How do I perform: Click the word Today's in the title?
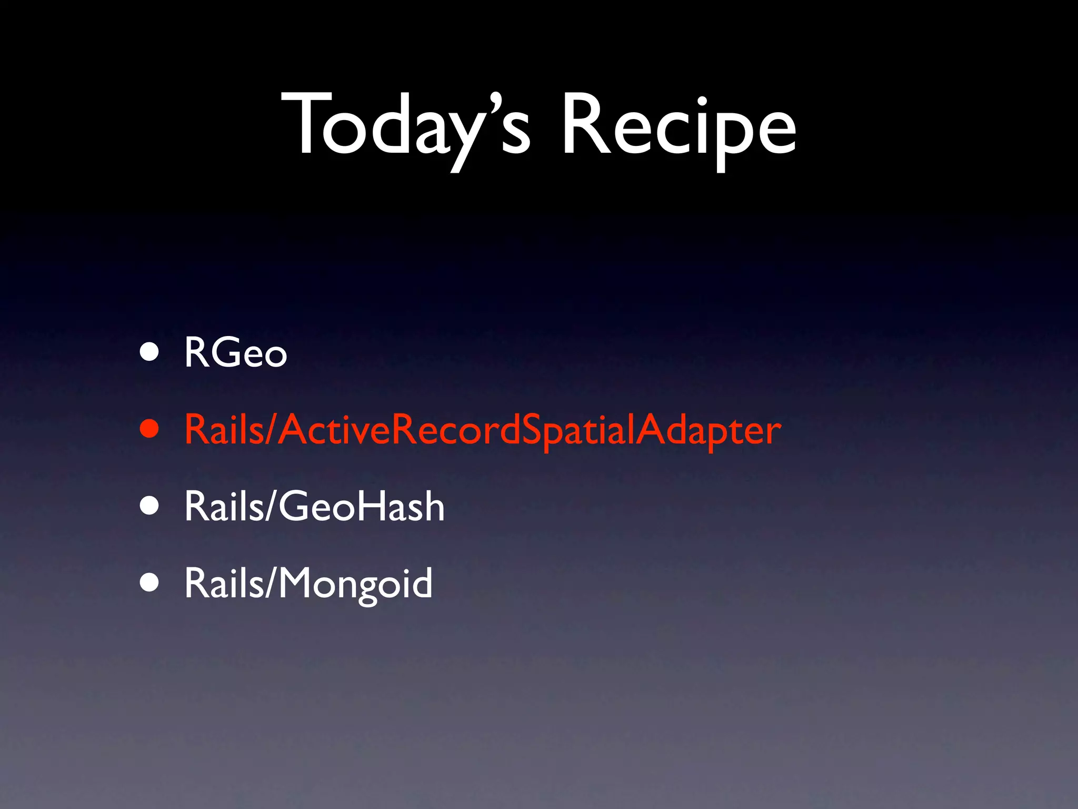[405, 126]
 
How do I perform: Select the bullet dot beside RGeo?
[149, 352]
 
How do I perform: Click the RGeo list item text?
[235, 352]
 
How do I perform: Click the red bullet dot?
[149, 429]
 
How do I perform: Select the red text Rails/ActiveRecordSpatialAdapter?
[482, 430]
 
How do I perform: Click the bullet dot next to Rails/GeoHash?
[149, 506]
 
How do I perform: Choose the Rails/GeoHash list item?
[314, 506]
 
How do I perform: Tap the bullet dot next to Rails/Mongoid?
[149, 583]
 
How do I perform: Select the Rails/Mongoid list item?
[308, 583]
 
